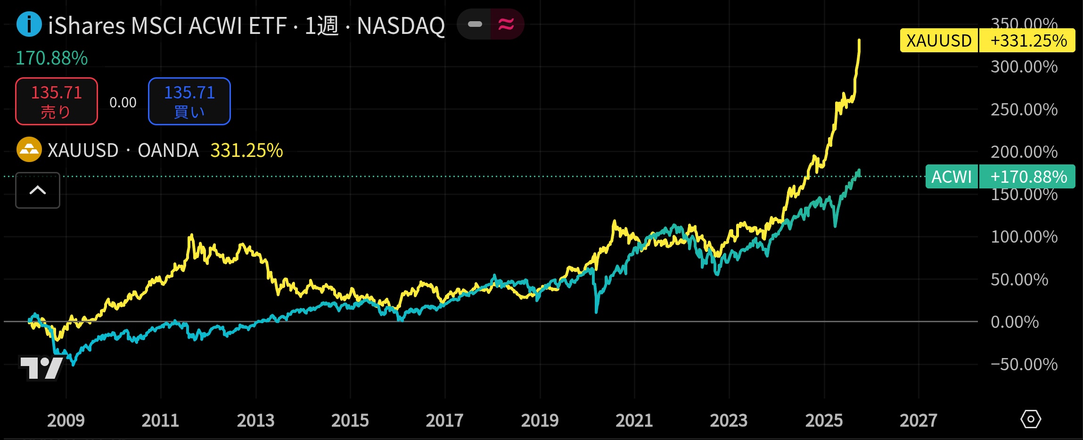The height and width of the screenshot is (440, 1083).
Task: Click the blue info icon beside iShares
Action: click(x=29, y=24)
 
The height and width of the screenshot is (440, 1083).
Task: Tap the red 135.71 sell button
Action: click(x=57, y=101)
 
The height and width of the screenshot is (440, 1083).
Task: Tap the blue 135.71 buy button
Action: click(x=189, y=101)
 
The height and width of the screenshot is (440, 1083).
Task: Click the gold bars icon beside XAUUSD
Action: click(x=29, y=150)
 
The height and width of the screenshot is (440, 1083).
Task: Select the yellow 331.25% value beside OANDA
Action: click(x=246, y=151)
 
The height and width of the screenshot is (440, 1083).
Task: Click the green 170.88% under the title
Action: click(x=52, y=58)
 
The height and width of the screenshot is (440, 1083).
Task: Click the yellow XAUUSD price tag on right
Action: click(x=939, y=41)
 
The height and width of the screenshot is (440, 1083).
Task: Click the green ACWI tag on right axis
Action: click(x=952, y=177)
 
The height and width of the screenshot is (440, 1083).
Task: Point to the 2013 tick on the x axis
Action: click(x=255, y=420)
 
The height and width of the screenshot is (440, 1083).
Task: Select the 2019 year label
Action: click(x=540, y=420)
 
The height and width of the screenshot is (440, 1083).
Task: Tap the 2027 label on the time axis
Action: click(x=918, y=420)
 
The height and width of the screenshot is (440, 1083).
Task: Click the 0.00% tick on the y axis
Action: click(x=1015, y=322)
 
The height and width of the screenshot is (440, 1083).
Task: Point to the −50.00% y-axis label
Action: click(x=1024, y=365)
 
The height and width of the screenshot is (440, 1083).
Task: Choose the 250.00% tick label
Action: click(x=1024, y=110)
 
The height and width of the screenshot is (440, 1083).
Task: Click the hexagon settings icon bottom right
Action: click(x=1031, y=419)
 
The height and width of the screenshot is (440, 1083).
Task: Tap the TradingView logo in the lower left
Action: click(x=41, y=367)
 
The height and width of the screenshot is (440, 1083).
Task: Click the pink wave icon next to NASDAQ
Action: click(x=507, y=24)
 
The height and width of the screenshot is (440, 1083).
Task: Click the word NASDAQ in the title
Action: click(x=401, y=26)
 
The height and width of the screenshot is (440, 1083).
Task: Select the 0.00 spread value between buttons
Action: click(x=123, y=103)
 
